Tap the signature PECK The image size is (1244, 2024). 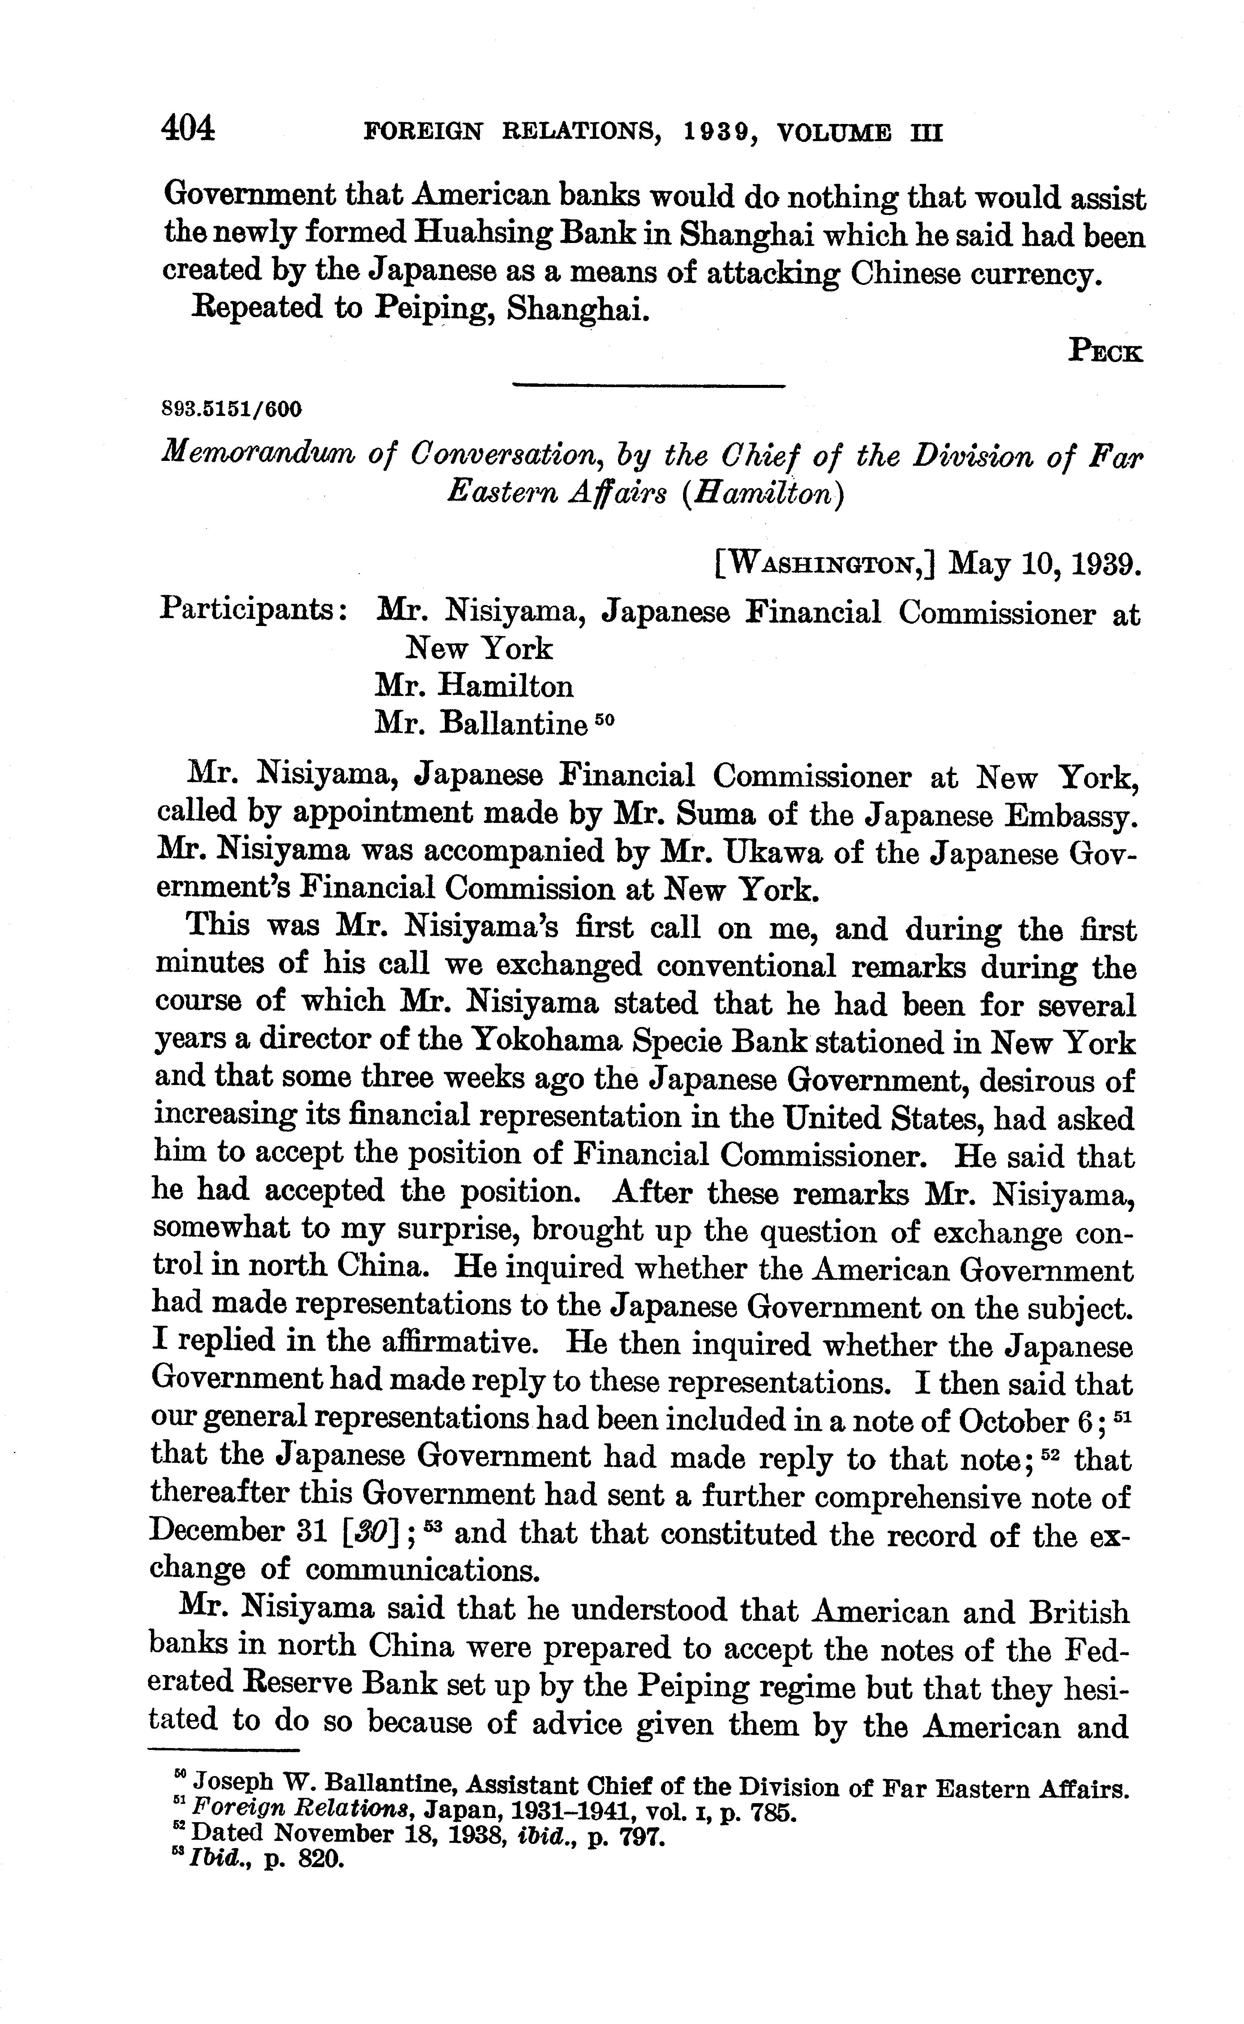(1105, 351)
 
